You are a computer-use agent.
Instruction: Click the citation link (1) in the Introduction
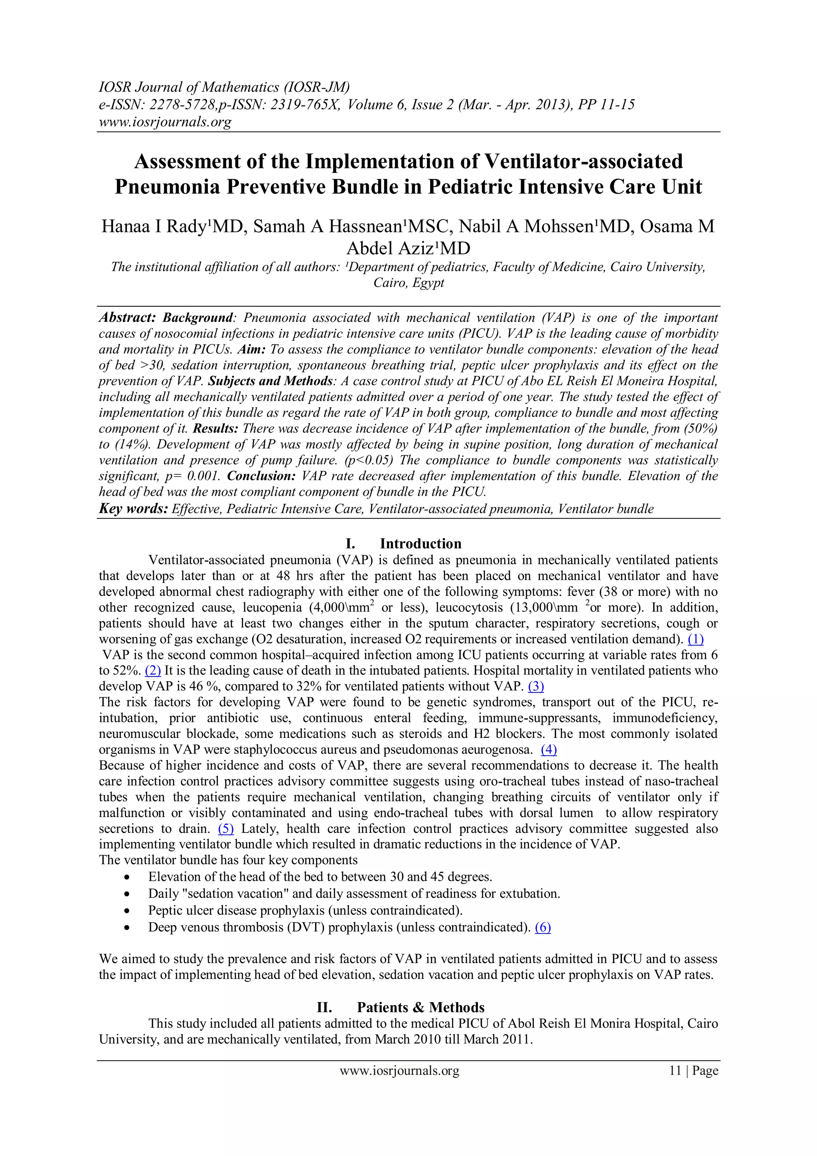pyautogui.click(x=695, y=639)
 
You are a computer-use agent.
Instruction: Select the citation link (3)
pyautogui.click(x=536, y=687)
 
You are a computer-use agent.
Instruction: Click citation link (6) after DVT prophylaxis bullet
pyautogui.click(x=543, y=928)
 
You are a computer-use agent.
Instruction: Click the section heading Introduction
pyautogui.click(x=420, y=544)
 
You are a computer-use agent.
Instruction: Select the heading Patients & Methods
pyautogui.click(x=420, y=1007)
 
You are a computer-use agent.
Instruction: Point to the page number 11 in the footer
pyautogui.click(x=675, y=1071)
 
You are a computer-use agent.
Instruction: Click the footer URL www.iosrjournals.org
pyautogui.click(x=399, y=1071)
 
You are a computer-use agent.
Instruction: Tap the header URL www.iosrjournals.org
pyautogui.click(x=165, y=122)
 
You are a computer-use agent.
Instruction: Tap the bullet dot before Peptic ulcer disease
pyautogui.click(x=128, y=911)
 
